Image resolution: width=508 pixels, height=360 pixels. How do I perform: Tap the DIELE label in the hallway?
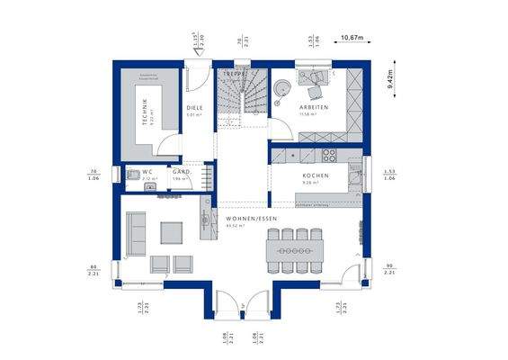pyautogui.click(x=194, y=108)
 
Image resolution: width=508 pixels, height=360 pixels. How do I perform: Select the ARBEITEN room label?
pyautogui.click(x=314, y=108)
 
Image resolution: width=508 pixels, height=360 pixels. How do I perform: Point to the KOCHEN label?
pyautogui.click(x=315, y=176)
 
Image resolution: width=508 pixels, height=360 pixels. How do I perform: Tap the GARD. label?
pyautogui.click(x=179, y=171)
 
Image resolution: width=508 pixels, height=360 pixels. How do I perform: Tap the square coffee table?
pyautogui.click(x=172, y=232)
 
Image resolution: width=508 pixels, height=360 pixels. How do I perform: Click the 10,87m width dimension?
pyautogui.click(x=352, y=37)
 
